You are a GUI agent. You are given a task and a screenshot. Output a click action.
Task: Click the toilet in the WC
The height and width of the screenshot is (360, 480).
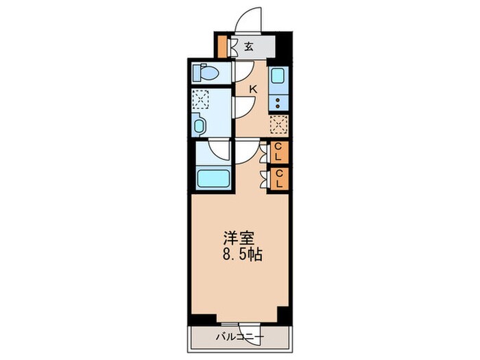[x=205, y=72]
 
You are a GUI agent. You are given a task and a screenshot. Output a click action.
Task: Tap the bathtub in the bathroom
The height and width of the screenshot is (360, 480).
[x=213, y=178]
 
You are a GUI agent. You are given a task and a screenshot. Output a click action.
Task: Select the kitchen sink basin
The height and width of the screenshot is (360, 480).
[x=278, y=76]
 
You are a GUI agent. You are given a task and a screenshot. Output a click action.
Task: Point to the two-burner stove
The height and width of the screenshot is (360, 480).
[x=278, y=103]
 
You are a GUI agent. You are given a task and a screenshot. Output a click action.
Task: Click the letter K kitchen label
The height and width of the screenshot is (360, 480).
[x=253, y=88]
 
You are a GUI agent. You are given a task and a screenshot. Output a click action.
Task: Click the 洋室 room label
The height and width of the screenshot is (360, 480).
[x=239, y=239]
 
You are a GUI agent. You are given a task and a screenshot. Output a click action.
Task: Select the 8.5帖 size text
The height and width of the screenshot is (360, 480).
[x=241, y=254]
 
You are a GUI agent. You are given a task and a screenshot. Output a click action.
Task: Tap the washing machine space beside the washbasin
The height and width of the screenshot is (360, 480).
[x=201, y=99]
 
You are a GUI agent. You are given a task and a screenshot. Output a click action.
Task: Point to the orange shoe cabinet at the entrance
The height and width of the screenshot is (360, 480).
[x=222, y=47]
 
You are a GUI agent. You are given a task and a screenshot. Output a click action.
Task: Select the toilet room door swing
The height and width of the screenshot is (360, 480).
[x=243, y=71]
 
